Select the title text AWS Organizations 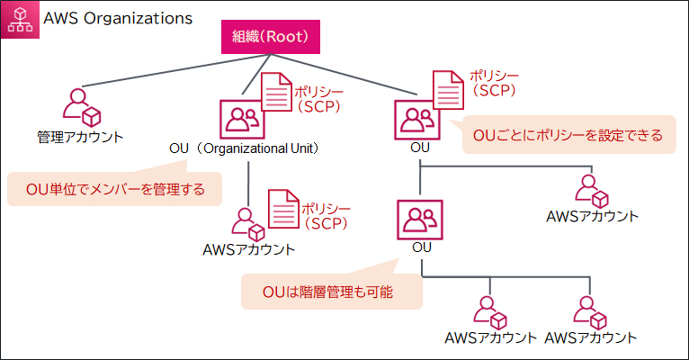pyautogui.click(x=118, y=17)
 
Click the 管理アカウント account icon pyautogui.click(x=80, y=105)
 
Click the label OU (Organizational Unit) pyautogui.click(x=246, y=147)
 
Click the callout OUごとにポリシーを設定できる pyautogui.click(x=568, y=136)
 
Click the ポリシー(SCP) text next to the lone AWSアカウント pyautogui.click(x=326, y=214)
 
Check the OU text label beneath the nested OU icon pyautogui.click(x=421, y=247)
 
